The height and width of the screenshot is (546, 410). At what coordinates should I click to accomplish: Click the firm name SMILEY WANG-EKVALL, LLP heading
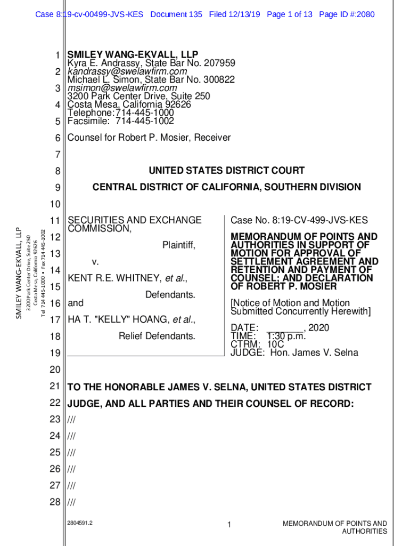pyautogui.click(x=133, y=54)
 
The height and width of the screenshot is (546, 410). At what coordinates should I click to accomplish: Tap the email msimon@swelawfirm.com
pyautogui.click(x=122, y=88)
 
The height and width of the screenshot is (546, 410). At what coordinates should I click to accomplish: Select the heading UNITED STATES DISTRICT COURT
pyautogui.click(x=226, y=171)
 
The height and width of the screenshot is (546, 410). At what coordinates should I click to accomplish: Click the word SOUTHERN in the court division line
pyautogui.click(x=292, y=187)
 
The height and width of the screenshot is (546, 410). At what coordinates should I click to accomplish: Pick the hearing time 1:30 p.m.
pyautogui.click(x=286, y=336)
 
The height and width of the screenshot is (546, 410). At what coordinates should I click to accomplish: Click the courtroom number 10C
pyautogui.click(x=276, y=344)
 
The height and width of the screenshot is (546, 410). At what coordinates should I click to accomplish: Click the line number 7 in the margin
pyautogui.click(x=58, y=155)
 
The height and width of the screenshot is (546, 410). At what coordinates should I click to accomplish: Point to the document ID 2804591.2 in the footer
pyautogui.click(x=80, y=523)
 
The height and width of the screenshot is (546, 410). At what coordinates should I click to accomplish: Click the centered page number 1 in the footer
pyautogui.click(x=228, y=526)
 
